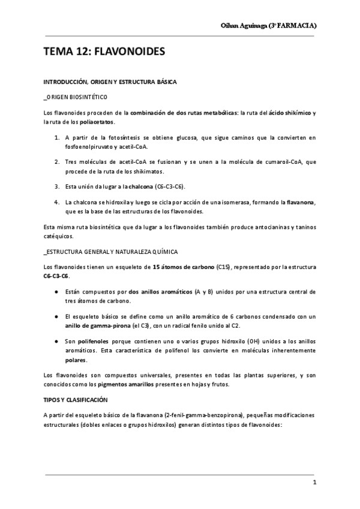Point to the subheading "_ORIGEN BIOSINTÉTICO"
(x=76, y=97)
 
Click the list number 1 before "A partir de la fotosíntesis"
(x=56, y=137)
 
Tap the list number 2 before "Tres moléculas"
(x=56, y=162)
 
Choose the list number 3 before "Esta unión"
(x=56, y=186)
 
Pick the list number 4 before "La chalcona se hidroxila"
(x=56, y=202)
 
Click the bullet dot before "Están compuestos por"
(x=56, y=292)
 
